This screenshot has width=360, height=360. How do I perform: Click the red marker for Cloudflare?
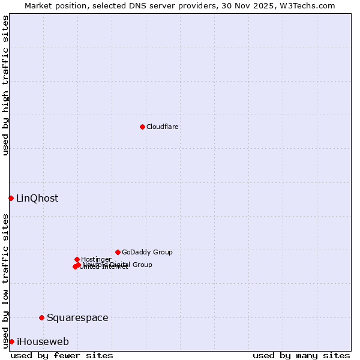tap(142, 127)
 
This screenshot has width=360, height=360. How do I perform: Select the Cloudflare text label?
tap(163, 127)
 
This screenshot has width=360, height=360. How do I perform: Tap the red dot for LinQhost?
tap(11, 198)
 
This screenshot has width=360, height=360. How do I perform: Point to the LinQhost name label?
tap(37, 199)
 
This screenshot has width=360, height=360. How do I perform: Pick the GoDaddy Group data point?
tap(118, 252)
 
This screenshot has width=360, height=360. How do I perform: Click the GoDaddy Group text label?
tap(147, 252)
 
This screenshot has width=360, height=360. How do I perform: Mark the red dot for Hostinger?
tap(77, 259)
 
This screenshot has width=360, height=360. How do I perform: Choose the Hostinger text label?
tap(96, 259)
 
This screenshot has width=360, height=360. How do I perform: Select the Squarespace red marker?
tap(41, 317)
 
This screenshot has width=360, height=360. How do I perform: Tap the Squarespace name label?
tap(77, 318)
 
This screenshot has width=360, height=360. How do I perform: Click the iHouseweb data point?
tap(11, 341)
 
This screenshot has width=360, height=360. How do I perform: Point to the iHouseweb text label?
tap(43, 342)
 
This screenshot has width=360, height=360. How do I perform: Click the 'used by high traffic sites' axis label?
tap(6, 85)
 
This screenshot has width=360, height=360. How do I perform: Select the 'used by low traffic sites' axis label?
tap(6, 281)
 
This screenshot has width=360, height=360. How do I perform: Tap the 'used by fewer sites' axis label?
tap(62, 355)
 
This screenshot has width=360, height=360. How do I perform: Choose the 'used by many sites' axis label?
tap(301, 355)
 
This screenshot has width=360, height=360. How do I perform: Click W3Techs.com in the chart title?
tap(308, 5)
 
